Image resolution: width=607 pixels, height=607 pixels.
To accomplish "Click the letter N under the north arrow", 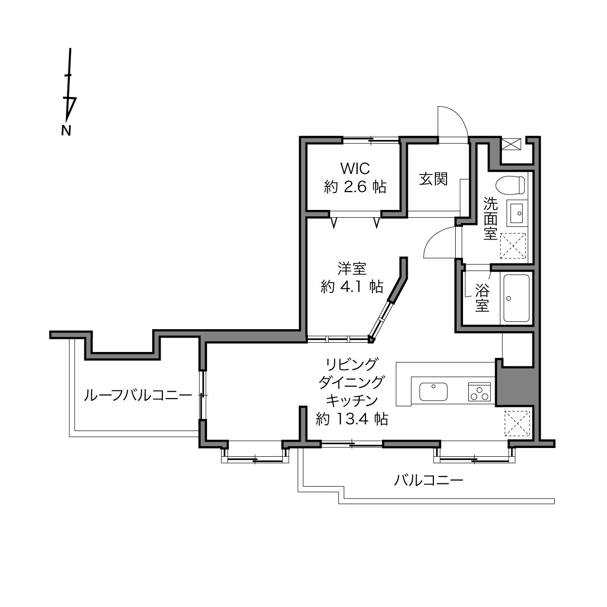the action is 66,130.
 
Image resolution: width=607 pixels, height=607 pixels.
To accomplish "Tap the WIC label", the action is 355,169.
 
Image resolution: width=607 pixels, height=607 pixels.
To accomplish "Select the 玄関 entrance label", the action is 433,179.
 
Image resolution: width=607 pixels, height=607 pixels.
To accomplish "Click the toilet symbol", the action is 510,185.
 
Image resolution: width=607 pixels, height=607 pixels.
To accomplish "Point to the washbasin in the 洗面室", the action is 517,213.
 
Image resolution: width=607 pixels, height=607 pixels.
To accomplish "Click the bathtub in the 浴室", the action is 517,298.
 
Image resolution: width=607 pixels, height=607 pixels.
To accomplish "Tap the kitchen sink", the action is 433,392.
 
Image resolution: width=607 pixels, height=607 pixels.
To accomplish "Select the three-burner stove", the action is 479,392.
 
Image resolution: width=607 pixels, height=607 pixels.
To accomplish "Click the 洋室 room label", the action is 352,269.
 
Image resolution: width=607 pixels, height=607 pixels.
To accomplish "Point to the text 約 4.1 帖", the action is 352,287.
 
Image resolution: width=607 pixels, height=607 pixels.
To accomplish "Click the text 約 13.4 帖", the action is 352,419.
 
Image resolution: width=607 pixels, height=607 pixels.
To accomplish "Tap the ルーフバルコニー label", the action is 138,395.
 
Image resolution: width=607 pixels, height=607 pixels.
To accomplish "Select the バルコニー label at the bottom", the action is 429,480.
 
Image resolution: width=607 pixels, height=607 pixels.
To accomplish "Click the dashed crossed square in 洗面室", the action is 513,246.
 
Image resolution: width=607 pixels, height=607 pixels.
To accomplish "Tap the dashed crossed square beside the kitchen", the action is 517,424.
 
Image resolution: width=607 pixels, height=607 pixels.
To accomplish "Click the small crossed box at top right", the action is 511,144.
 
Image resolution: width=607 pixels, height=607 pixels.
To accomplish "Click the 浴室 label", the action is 482,298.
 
